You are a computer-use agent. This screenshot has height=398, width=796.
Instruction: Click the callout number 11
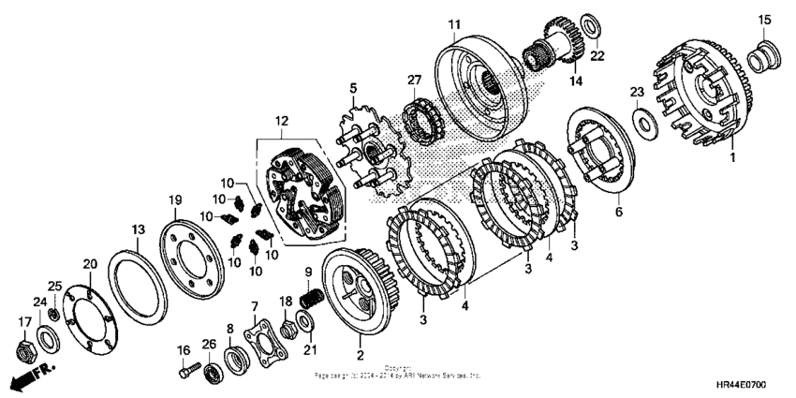point(453,23)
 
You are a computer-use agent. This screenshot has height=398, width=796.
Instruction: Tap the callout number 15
point(763,19)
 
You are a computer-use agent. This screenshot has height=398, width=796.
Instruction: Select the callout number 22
point(597,55)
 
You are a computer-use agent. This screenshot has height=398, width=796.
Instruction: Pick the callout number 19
point(173,199)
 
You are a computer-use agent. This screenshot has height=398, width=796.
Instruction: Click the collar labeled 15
point(760,56)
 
